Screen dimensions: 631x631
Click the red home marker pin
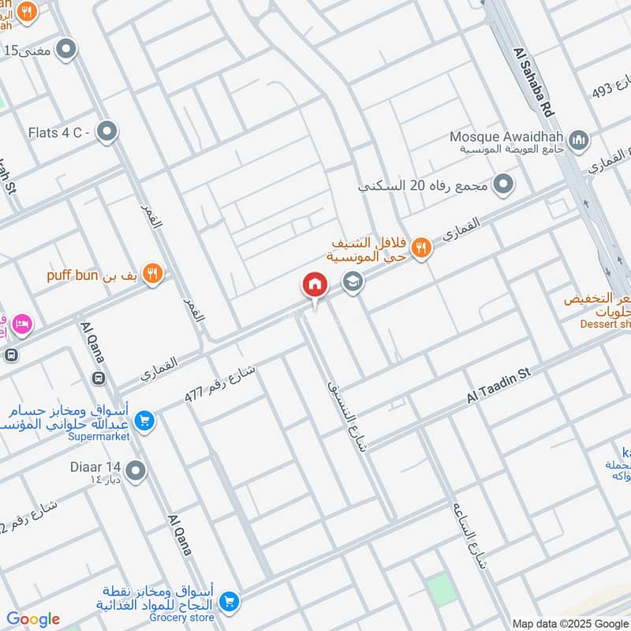tap(315, 286)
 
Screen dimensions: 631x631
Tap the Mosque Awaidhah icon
tap(580, 140)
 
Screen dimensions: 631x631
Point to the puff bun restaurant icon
tap(154, 274)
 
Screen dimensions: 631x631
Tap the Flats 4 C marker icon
tap(106, 132)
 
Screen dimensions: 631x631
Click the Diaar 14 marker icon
tap(136, 472)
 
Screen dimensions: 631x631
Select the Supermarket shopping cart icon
tap(144, 420)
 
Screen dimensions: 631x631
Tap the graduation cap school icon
tap(353, 282)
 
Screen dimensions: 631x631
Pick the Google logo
tap(33, 619)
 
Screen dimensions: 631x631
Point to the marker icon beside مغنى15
tap(68, 50)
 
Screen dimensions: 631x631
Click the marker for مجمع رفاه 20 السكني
tap(502, 185)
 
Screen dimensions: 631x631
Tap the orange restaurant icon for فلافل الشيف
tap(421, 248)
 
